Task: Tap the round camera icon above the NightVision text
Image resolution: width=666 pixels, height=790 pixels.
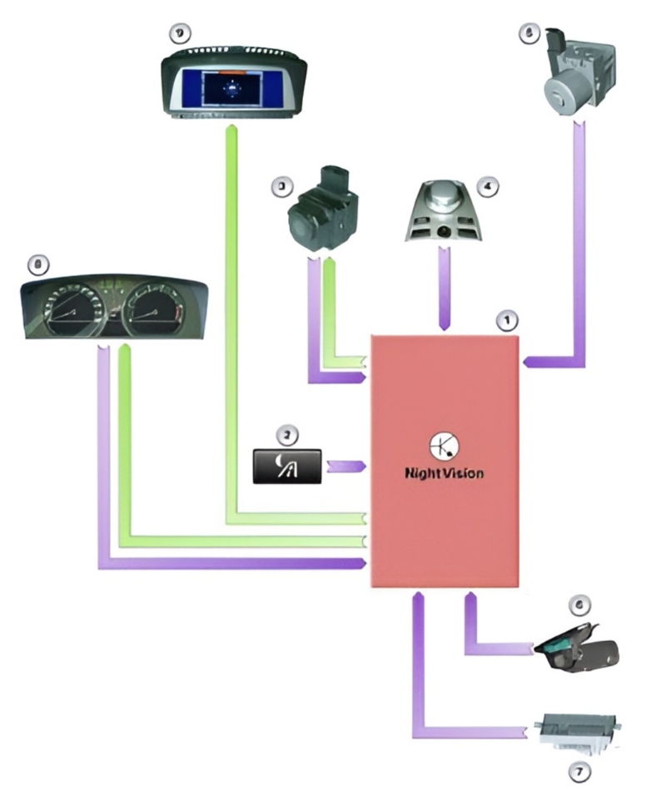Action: [x=442, y=447]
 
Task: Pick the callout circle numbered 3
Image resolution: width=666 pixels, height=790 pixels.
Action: [x=283, y=185]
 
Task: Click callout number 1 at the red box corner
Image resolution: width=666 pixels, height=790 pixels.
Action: [x=503, y=319]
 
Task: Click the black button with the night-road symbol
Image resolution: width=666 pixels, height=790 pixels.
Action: [x=287, y=465]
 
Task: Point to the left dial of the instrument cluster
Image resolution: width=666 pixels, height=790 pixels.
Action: [x=73, y=312]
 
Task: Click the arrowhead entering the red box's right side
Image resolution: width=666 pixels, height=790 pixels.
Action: [x=528, y=361]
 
